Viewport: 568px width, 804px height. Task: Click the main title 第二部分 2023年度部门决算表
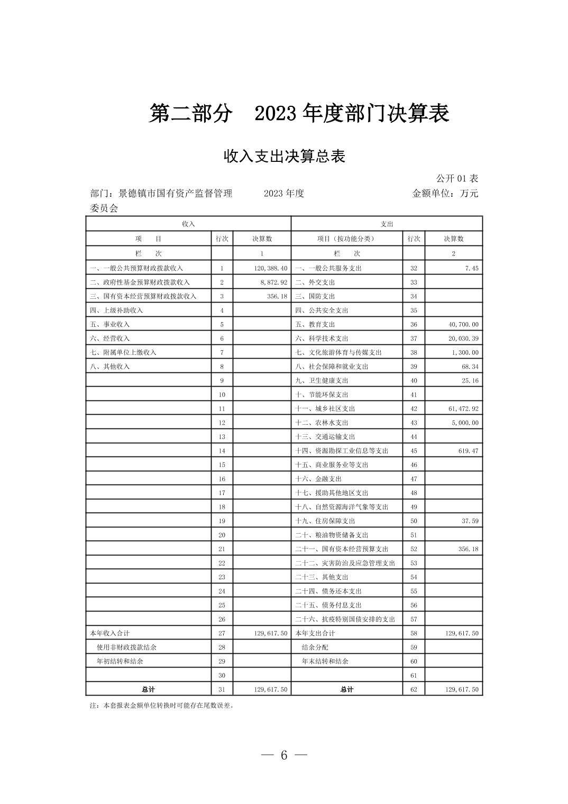299,113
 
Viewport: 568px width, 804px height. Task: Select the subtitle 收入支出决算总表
284,156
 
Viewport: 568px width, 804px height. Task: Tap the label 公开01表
457,178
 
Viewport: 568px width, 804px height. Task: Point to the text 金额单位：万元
445,193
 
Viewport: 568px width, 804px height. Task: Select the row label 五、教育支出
315,324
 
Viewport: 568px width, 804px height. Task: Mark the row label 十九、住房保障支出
325,521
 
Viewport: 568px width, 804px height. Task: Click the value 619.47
469,451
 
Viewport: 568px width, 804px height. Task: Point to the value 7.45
472,268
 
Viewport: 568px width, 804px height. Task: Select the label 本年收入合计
109,633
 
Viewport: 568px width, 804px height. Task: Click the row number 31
222,689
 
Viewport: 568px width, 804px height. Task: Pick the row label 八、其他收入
109,367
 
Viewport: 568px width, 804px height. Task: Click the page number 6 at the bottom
284,755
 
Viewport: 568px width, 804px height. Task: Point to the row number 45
414,451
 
